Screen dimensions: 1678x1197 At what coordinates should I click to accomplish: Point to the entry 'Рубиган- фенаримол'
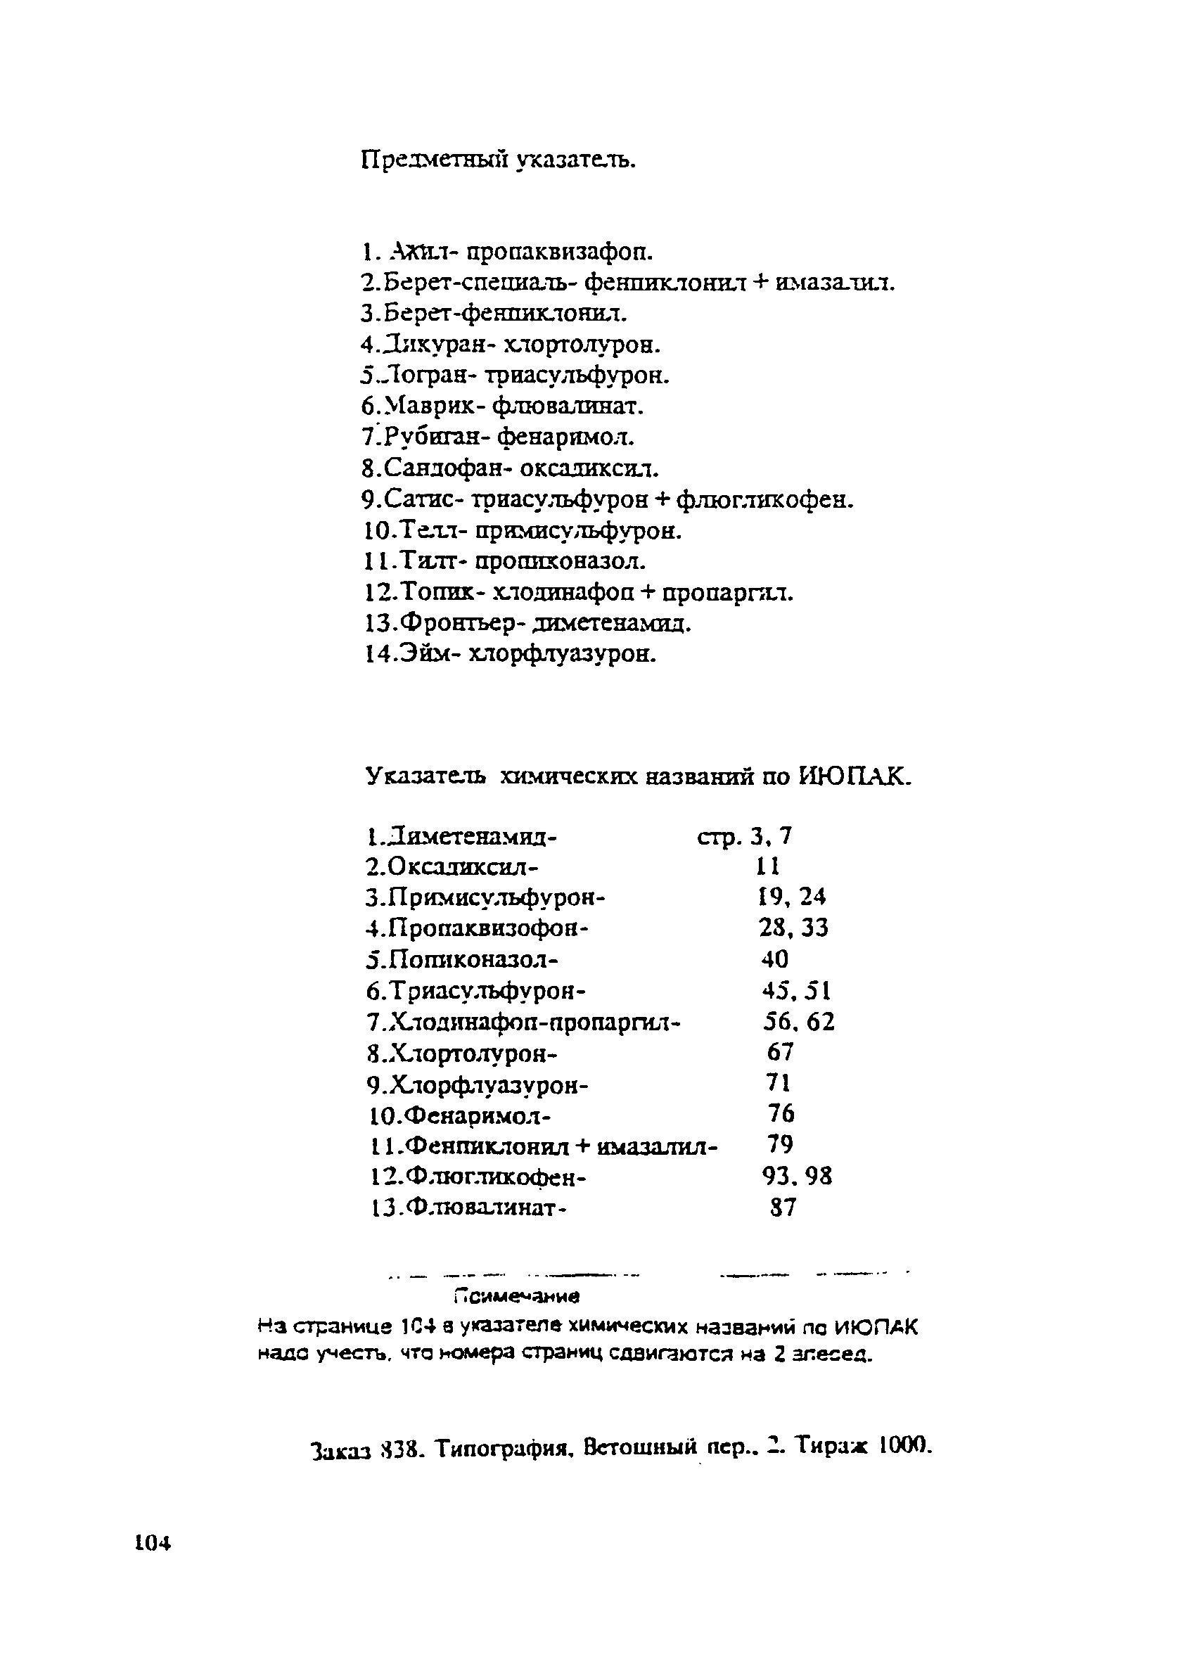pos(497,437)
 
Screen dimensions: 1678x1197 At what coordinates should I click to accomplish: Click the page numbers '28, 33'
pos(793,928)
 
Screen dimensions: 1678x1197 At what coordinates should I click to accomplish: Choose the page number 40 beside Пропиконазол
pos(774,959)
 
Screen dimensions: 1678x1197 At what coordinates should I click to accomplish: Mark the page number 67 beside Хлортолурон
pos(780,1052)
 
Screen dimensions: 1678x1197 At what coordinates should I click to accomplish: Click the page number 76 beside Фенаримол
pos(781,1113)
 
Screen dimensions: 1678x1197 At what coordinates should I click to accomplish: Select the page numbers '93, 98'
pos(797,1176)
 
